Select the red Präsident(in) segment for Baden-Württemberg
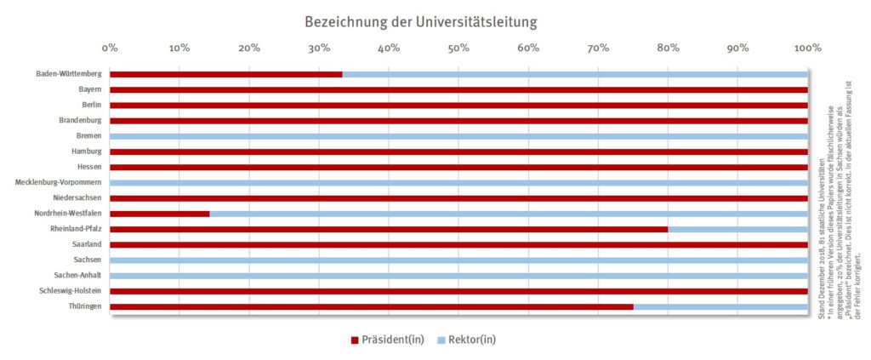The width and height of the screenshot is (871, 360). click(x=225, y=74)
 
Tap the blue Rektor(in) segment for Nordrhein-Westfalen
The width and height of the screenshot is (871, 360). click(x=508, y=214)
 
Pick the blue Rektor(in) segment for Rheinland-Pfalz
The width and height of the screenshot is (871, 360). click(x=737, y=229)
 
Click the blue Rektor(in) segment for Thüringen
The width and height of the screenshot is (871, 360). click(x=720, y=306)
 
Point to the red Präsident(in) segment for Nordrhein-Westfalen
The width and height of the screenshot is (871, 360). click(x=159, y=214)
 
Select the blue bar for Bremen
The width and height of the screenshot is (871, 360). click(x=458, y=136)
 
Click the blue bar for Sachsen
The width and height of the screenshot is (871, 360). click(x=458, y=260)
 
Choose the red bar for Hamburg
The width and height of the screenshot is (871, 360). click(x=458, y=151)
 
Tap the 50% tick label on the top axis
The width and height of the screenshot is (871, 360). click(x=458, y=49)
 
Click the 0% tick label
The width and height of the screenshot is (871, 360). click(x=110, y=49)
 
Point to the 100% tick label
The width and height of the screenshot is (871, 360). click(x=807, y=49)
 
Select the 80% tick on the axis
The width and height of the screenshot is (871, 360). click(x=668, y=49)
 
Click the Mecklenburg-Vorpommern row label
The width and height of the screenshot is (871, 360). click(x=59, y=183)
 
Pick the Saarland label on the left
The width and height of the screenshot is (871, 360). click(x=87, y=244)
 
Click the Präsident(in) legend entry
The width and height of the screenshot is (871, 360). click(x=387, y=340)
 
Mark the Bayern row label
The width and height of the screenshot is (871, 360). click(x=89, y=89)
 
